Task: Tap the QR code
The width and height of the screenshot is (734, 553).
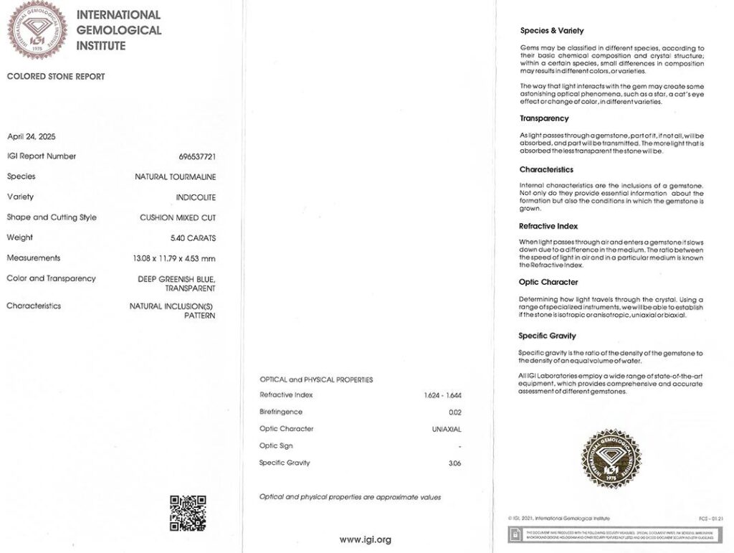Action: [188, 513]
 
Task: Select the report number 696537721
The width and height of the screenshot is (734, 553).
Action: [197, 156]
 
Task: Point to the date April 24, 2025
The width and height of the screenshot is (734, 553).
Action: [31, 136]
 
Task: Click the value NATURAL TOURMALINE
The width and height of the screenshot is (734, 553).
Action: [176, 176]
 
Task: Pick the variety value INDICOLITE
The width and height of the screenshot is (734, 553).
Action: [196, 197]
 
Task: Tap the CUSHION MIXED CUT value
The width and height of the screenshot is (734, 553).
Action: [178, 217]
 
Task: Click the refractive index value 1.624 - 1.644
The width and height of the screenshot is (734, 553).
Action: [443, 395]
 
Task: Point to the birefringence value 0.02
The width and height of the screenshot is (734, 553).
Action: [454, 412]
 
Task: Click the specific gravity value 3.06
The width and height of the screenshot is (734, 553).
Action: [454, 463]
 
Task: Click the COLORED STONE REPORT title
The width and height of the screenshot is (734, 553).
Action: [56, 77]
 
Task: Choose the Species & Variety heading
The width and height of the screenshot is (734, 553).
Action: [551, 31]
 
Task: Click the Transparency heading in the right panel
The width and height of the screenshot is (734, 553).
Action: [544, 118]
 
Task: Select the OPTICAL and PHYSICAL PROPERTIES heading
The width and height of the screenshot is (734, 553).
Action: [316, 379]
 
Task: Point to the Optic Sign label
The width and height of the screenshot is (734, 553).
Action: [276, 446]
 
